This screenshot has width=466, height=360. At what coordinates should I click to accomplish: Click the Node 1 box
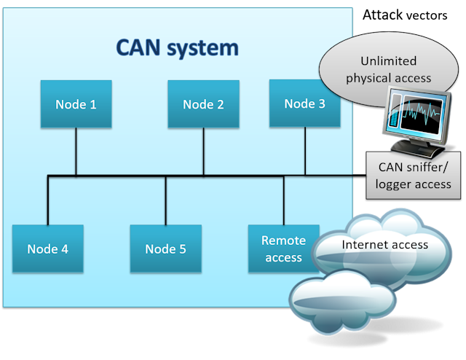coord(76,104)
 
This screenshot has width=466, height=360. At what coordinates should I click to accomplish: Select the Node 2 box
coord(203,104)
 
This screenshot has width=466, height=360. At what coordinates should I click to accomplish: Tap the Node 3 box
coord(304,103)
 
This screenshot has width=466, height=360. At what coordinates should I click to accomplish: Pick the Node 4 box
coord(48,249)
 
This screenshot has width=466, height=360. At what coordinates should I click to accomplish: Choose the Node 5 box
coord(165,249)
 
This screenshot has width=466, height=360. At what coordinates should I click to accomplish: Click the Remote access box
coord(283,249)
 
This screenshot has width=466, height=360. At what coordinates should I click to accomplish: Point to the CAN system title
coord(177,48)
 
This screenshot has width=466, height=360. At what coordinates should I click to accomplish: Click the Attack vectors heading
coord(408,15)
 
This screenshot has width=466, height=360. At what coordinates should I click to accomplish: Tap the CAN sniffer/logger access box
coord(413,176)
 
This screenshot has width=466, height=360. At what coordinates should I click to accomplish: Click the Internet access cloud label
coord(384,244)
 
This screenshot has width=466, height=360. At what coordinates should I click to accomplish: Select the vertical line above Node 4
coord(48,200)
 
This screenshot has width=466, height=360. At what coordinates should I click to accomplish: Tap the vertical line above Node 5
coord(165,200)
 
